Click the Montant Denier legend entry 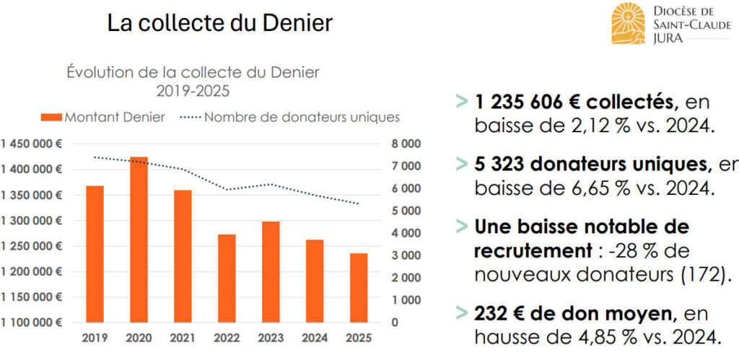103,117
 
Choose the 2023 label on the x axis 271,337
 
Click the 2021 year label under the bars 183,337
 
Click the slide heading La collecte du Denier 219,23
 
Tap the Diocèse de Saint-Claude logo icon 628,23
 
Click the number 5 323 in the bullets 499,165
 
